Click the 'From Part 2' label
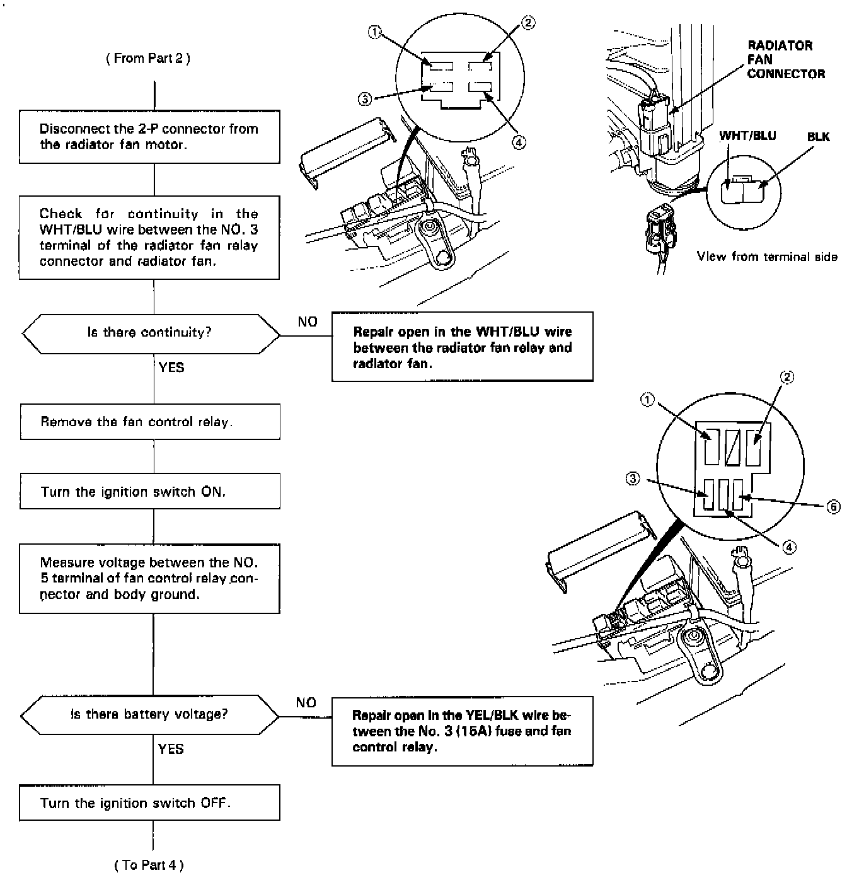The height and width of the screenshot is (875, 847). point(148,59)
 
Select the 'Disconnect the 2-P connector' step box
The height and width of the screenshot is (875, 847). point(149,137)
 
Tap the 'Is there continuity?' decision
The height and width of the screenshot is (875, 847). point(150,333)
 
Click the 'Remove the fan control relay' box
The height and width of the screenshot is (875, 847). point(149,422)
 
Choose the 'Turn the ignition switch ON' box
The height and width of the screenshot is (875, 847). point(149,492)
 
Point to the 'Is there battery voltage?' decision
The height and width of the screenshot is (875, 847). point(149,714)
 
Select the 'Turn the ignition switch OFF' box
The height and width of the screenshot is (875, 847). point(149,803)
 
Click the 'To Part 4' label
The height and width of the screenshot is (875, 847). point(149,864)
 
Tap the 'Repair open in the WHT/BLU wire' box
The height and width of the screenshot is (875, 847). point(462,347)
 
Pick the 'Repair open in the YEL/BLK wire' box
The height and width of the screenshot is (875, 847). point(462,731)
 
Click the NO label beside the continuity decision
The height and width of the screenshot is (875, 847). point(308,322)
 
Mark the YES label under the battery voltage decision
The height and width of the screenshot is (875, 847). point(171,749)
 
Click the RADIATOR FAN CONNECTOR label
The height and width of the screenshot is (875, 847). point(785,60)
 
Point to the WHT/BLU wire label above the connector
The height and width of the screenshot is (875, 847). point(747,136)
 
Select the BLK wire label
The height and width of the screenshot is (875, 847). point(818,137)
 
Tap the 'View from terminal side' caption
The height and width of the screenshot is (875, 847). point(767,257)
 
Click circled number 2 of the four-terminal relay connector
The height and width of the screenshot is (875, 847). point(528,23)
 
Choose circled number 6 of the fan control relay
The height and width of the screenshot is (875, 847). point(834,506)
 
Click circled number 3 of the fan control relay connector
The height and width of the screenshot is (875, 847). point(633,479)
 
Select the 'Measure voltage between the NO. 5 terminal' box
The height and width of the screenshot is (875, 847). point(149,579)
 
